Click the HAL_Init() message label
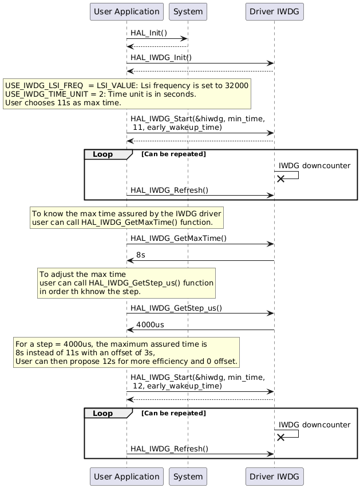pyautogui.click(x=149, y=33)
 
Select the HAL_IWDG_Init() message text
pyautogui.click(x=161, y=58)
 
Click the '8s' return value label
pyautogui.click(x=140, y=255)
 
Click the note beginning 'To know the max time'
pyautogui.click(x=126, y=217)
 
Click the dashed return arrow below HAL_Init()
pyautogui.click(x=157, y=46)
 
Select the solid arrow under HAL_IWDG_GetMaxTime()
pyautogui.click(x=200, y=261)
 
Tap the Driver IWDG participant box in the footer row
pyautogui.click(x=274, y=477)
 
